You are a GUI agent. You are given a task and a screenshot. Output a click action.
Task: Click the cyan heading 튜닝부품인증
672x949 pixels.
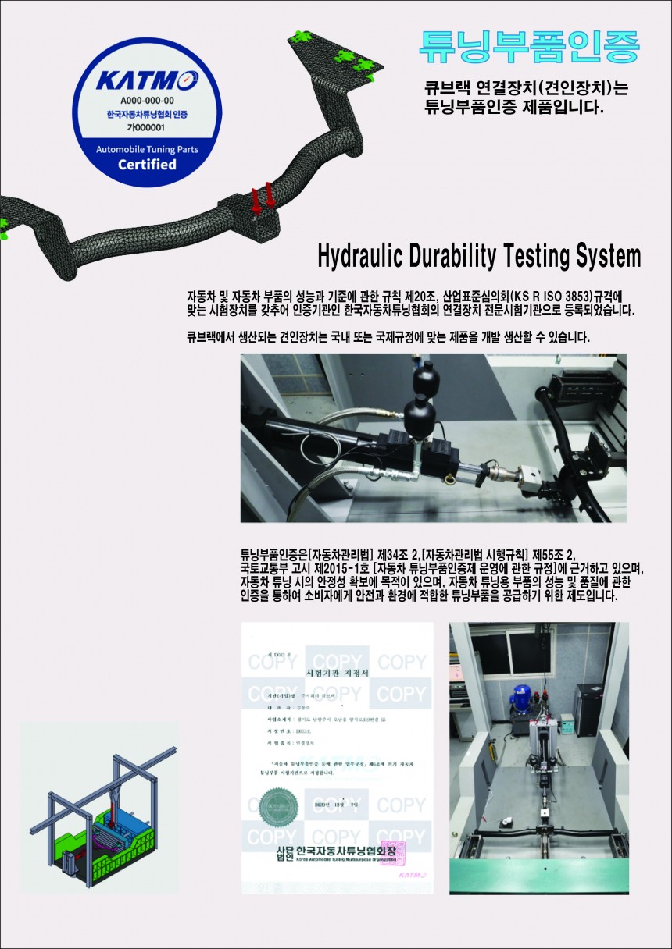tap(529, 47)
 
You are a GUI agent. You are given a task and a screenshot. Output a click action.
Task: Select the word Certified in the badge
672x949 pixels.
tap(147, 165)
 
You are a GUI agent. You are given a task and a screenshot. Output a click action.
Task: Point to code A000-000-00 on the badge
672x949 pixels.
tap(147, 101)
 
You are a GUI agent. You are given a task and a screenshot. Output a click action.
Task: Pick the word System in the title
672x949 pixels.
tap(608, 256)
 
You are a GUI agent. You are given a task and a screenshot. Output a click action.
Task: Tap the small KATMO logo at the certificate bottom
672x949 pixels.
tap(412, 875)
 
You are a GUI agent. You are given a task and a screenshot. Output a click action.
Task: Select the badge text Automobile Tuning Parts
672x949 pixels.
tap(147, 148)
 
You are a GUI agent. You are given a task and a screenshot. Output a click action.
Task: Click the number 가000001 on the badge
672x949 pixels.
tap(147, 127)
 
